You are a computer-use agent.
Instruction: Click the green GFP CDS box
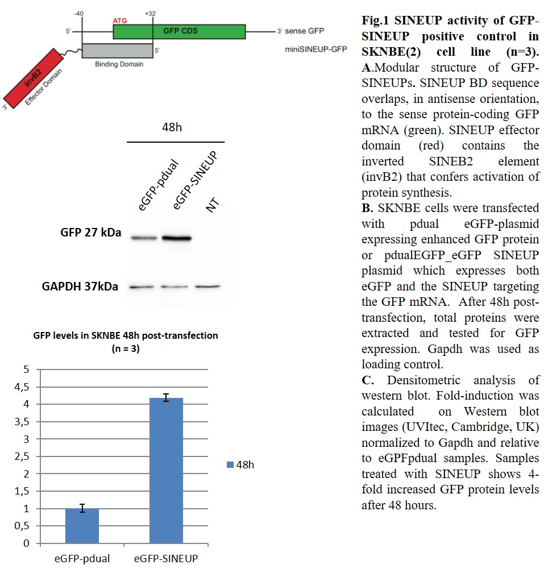[x=179, y=31]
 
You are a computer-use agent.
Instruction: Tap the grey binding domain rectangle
[x=118, y=51]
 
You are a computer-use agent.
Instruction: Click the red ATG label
[x=120, y=20]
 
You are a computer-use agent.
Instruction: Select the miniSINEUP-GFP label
[x=315, y=49]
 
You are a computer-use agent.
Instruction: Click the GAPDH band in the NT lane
[x=207, y=286]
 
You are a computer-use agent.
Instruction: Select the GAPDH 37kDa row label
[x=80, y=286]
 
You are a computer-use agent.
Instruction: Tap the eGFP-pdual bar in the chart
[x=82, y=526]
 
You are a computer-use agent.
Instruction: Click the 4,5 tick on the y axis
[x=21, y=387]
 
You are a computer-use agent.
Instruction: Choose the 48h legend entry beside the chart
[x=240, y=465]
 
